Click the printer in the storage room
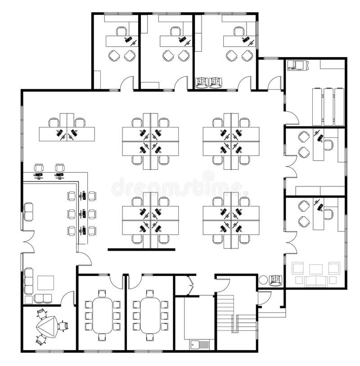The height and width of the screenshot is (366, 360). click(297, 66)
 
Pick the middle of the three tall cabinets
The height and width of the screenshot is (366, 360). click(328, 106)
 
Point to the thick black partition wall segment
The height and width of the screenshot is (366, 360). click(141, 249)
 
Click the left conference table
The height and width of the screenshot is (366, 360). click(102, 315)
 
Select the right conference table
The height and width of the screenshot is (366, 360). click(150, 315)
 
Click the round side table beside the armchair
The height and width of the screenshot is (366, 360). click(263, 280)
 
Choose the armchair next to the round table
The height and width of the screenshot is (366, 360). click(275, 280)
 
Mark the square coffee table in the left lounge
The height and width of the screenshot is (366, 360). click(45, 283)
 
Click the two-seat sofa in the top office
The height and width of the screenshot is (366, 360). click(209, 82)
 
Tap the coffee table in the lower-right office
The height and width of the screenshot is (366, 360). click(316, 269)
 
